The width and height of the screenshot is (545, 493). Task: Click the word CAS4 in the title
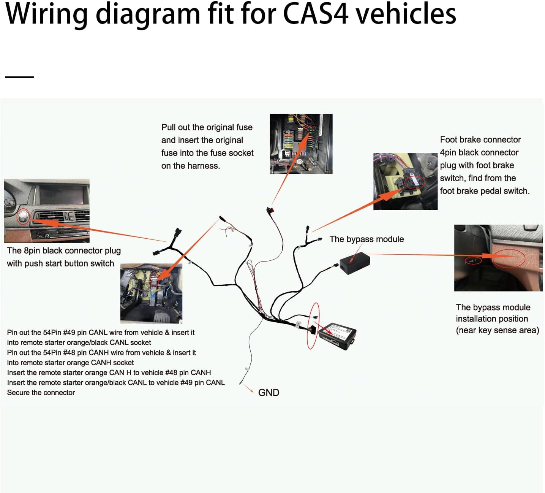click(315, 14)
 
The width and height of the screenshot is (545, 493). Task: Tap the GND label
click(269, 393)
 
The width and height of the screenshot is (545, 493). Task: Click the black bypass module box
click(355, 263)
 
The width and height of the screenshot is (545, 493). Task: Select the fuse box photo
click(301, 144)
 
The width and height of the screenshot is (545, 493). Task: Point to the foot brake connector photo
click(405, 181)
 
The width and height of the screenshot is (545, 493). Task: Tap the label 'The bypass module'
click(366, 239)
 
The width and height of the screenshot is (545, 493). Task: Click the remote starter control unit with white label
click(337, 336)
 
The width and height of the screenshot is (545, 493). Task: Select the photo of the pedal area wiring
click(151, 293)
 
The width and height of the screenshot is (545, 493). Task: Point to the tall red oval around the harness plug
click(313, 326)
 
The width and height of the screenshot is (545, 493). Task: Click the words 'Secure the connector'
click(41, 393)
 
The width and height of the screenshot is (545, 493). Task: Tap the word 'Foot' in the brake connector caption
click(448, 139)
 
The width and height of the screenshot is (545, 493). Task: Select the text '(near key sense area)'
click(497, 330)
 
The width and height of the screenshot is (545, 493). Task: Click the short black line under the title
click(19, 77)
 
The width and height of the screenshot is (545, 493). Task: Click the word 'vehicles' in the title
click(406, 14)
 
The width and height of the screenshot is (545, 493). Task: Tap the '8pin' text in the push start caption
click(32, 250)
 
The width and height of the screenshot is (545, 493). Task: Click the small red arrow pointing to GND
click(249, 389)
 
